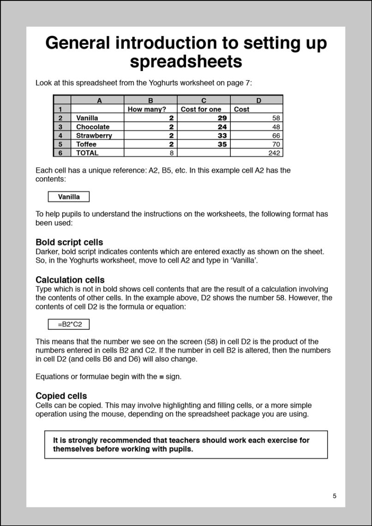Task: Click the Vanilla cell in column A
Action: (x=87, y=118)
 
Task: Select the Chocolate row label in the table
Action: (x=93, y=127)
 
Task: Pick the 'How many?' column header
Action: (x=147, y=109)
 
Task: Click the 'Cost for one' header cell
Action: (x=201, y=109)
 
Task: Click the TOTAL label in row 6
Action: (x=87, y=153)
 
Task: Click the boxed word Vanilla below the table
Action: (x=69, y=197)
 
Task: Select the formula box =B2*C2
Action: (x=69, y=325)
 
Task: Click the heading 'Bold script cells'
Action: (x=69, y=242)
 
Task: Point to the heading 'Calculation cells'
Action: (x=70, y=280)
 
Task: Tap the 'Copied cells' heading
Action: (x=61, y=396)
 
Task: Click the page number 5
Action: (x=335, y=496)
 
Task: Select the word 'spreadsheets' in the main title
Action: (x=186, y=61)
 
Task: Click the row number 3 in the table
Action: (x=60, y=127)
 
